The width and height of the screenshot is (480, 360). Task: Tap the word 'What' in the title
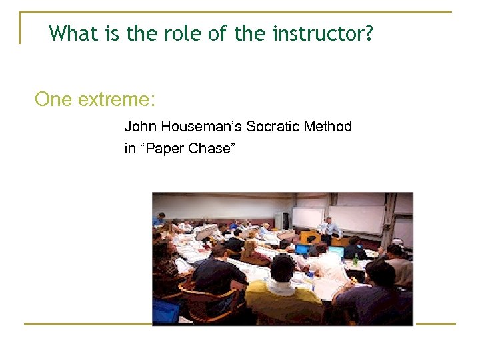[x=73, y=33]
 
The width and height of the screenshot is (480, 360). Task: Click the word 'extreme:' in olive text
[x=116, y=100]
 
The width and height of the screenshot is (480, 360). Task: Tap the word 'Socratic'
[x=274, y=126]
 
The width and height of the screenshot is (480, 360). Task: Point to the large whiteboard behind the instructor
[x=357, y=219]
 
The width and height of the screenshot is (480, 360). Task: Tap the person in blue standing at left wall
[x=159, y=219]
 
